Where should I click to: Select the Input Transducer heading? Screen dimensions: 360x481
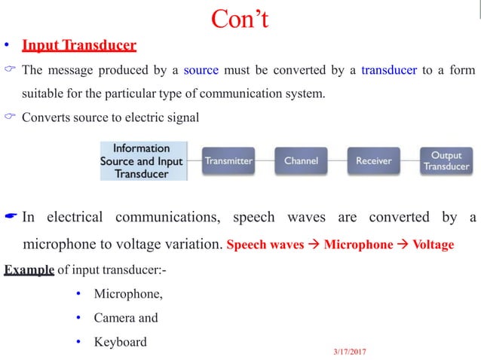point(79,45)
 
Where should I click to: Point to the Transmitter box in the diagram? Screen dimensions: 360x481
point(229,160)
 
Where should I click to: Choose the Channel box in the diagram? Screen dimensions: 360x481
point(301,160)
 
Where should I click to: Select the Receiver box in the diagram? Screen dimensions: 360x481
point(373,160)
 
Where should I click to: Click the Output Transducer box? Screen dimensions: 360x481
point(446,160)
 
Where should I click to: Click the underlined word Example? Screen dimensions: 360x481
point(29,270)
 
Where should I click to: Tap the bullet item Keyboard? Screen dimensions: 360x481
point(120,341)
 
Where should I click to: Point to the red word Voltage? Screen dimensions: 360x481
point(433,245)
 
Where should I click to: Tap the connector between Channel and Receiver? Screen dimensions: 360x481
point(337,160)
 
